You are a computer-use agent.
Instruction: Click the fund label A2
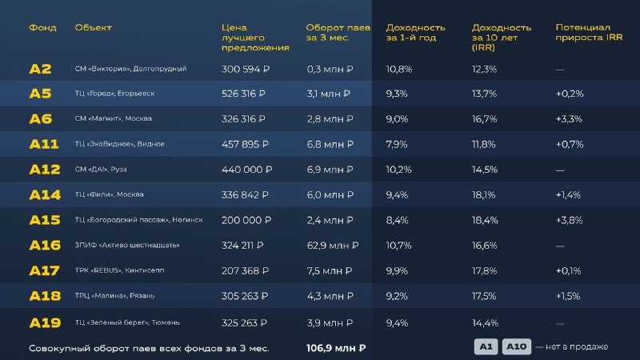(40, 69)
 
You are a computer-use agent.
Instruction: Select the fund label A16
(45, 246)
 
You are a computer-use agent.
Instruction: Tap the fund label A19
(45, 322)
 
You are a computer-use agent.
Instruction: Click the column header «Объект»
(93, 27)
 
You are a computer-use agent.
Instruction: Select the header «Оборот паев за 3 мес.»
(338, 32)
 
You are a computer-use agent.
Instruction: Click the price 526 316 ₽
(246, 94)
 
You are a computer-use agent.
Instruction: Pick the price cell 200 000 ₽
(246, 220)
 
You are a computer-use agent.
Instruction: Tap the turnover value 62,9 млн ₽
(332, 246)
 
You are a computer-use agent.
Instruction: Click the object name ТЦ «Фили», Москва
(109, 195)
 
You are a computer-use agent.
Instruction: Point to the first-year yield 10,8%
(399, 69)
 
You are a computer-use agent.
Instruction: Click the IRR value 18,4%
(485, 220)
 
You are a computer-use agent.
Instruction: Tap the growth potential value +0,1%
(569, 271)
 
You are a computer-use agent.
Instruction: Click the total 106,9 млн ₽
(336, 348)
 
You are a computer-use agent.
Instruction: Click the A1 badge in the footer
(486, 346)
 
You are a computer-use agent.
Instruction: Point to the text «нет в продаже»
(577, 346)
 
